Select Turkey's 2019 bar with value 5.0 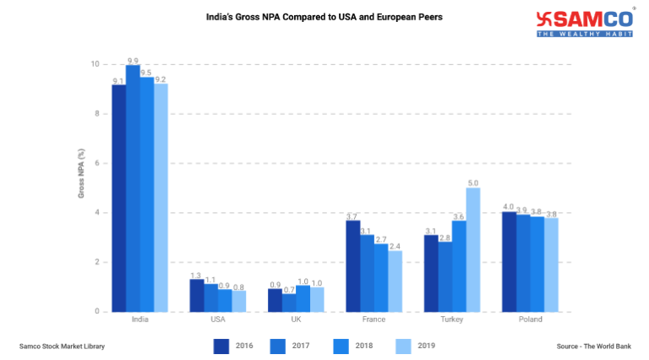[473, 249]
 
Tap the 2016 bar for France [352, 265]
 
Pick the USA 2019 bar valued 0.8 [239, 301]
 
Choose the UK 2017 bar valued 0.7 [289, 303]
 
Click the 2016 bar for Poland [510, 261]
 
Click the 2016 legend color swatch [221, 346]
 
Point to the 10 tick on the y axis [95, 64]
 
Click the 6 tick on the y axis [96, 163]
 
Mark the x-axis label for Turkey [452, 319]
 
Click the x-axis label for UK [296, 319]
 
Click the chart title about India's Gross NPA [324, 16]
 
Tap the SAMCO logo [586, 23]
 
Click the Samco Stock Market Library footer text [62, 346]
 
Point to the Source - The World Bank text [594, 346]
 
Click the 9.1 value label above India [119, 80]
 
